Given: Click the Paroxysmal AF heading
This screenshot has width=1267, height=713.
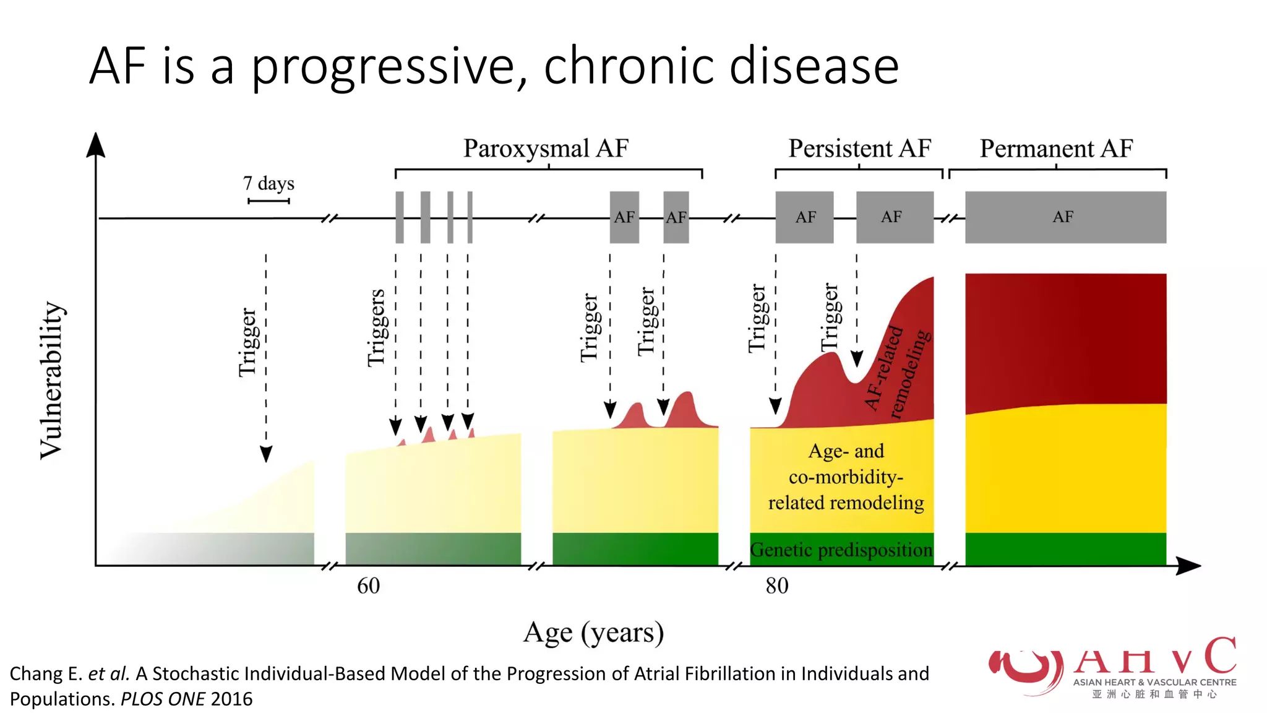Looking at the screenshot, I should (x=546, y=149).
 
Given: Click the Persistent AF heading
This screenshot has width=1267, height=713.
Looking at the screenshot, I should (x=859, y=149).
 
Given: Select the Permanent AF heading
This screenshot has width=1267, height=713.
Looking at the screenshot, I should (x=1056, y=149).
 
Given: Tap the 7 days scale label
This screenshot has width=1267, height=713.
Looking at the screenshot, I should (x=268, y=183).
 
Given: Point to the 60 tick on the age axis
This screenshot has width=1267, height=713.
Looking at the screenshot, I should (x=368, y=586).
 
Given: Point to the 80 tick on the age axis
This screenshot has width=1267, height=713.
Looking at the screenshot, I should (x=777, y=586).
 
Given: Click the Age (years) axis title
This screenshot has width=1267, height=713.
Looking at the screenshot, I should (x=593, y=633).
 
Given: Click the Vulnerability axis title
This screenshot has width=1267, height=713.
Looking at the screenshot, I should (x=52, y=381).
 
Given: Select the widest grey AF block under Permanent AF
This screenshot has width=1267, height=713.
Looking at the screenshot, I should (x=1065, y=217).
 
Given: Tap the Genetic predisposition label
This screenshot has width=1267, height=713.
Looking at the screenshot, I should (x=841, y=550).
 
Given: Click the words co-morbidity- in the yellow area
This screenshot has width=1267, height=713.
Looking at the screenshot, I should (x=846, y=477).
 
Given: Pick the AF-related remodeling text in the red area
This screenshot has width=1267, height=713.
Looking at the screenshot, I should (x=897, y=371).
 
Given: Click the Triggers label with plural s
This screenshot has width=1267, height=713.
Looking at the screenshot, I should (x=376, y=328).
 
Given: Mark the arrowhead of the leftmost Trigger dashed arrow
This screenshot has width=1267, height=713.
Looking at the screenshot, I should (x=266, y=454).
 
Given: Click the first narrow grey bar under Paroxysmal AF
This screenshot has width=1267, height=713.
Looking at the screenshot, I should (x=400, y=217).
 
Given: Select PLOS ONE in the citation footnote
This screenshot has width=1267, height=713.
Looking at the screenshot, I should (x=163, y=699).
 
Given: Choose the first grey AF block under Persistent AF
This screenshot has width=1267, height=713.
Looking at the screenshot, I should (x=804, y=217).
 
